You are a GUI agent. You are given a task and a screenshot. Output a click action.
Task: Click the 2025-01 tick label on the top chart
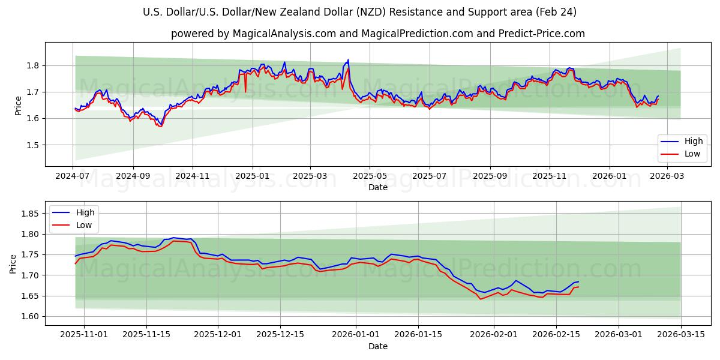(x=252, y=176)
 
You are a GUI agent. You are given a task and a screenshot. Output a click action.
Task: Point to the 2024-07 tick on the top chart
(x=73, y=176)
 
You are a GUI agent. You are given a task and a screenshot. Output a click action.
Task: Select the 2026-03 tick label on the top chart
(x=667, y=176)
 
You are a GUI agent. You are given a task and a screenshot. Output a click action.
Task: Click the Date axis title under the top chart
(x=378, y=187)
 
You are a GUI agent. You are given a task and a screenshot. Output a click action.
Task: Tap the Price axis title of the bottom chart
(x=13, y=265)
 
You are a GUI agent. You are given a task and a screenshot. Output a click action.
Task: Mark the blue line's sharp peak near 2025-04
(x=348, y=60)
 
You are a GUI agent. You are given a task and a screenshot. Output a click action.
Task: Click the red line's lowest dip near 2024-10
(x=160, y=127)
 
